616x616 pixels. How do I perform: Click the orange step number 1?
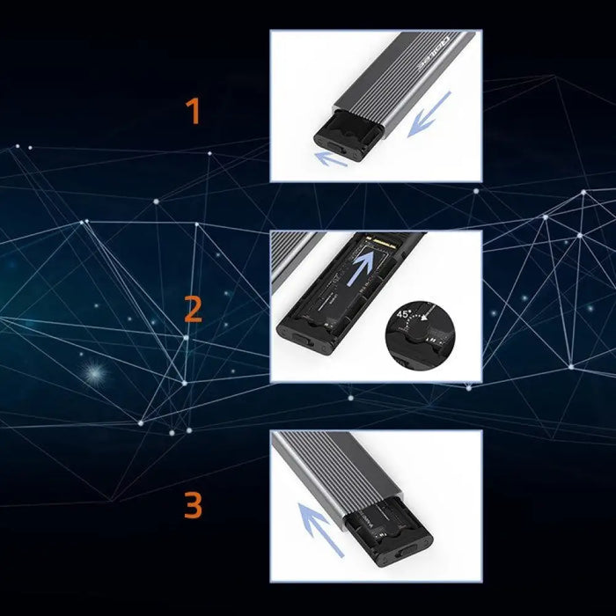pyautogui.click(x=193, y=112)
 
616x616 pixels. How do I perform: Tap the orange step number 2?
pyautogui.click(x=193, y=310)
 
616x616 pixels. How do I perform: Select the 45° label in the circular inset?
pyautogui.click(x=404, y=312)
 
